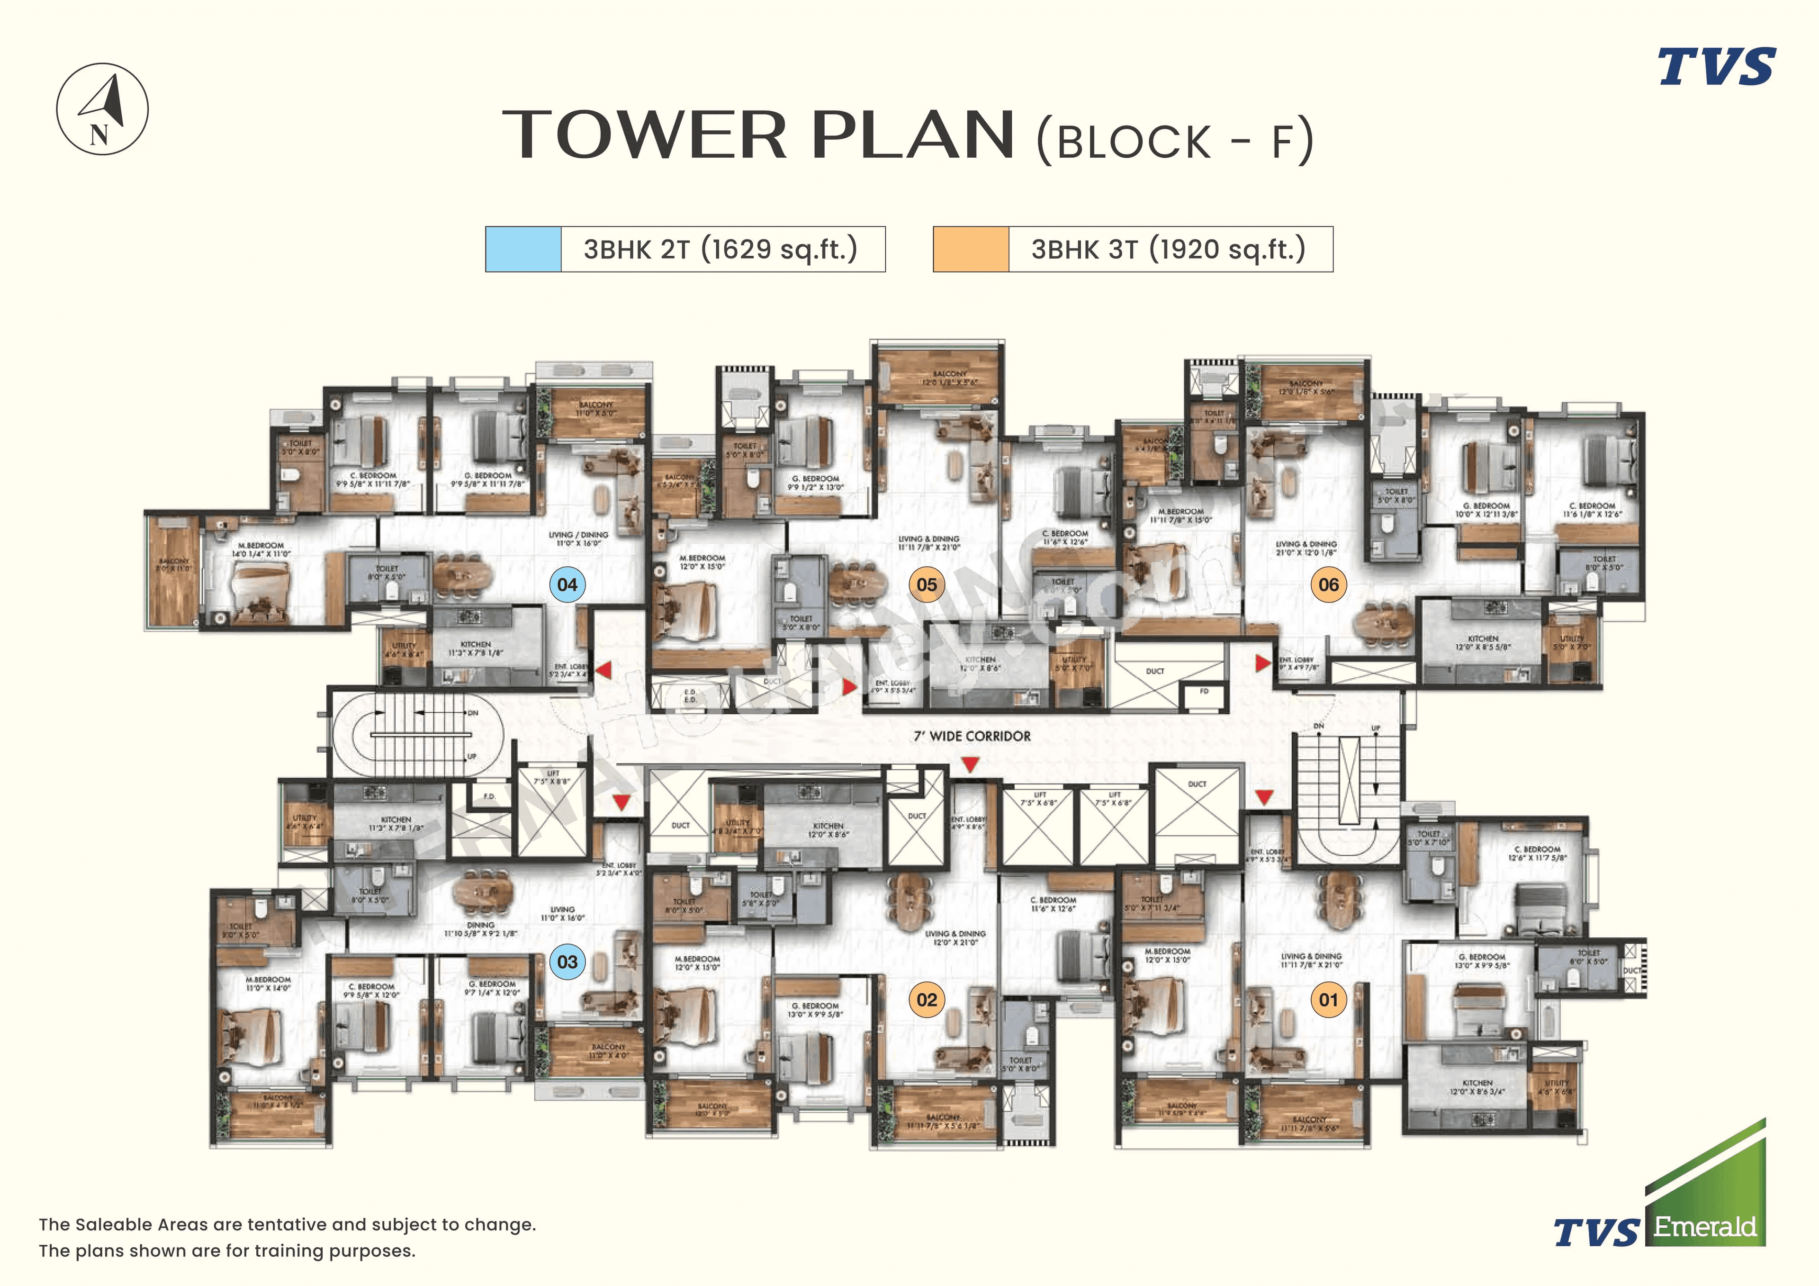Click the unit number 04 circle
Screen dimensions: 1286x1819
click(x=567, y=585)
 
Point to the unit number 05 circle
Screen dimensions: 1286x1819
click(x=926, y=585)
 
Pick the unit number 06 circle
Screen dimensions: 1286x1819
click(x=1329, y=585)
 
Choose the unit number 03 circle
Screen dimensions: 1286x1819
click(x=567, y=962)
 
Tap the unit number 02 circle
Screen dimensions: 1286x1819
click(x=926, y=1000)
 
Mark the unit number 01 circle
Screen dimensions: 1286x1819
click(x=1329, y=1000)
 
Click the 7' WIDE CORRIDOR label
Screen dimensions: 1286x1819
click(x=972, y=736)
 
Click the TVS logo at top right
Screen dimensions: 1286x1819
click(x=1717, y=67)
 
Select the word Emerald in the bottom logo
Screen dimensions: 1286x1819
click(x=1705, y=1227)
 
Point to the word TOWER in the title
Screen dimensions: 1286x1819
click(x=644, y=135)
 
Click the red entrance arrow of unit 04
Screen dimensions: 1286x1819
click(x=603, y=670)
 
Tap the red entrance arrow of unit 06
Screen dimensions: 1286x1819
click(x=1263, y=662)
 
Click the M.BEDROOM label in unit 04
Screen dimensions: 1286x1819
click(x=261, y=546)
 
